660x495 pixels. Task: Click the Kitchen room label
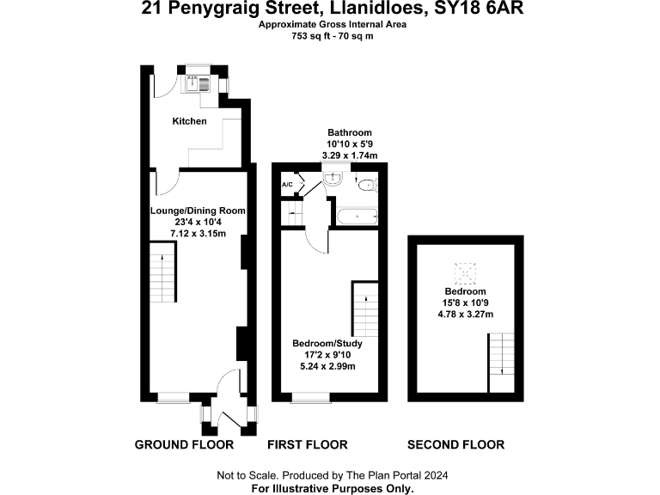190,121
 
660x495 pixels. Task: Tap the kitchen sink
199,83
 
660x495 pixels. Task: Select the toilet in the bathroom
366,184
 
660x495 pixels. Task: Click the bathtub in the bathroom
357,217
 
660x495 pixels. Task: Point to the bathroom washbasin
333,179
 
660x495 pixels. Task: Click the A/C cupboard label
287,185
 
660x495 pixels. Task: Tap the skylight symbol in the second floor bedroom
467,274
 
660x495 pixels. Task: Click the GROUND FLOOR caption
184,444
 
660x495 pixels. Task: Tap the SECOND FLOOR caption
455,444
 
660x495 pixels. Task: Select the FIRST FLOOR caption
307,444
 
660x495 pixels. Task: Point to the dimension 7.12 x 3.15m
198,233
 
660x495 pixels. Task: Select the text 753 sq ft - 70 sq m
333,36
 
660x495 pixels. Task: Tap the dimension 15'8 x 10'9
465,302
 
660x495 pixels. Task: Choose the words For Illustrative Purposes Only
332,487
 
